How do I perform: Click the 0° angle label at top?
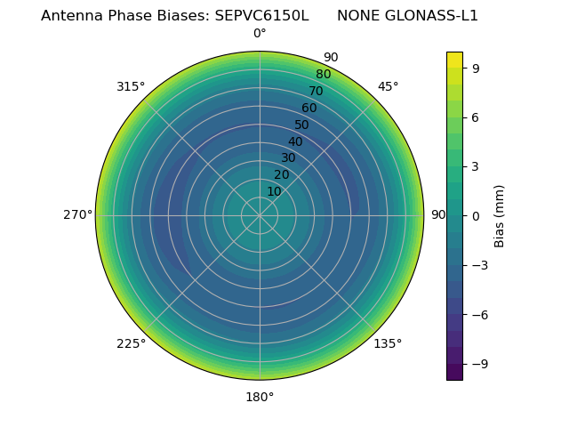[x=260, y=34]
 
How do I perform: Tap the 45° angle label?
[x=388, y=86]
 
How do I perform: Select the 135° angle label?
[x=388, y=343]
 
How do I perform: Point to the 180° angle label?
[x=260, y=397]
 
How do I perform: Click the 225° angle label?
[x=131, y=343]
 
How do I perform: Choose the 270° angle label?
[x=78, y=215]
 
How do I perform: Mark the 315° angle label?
[x=131, y=86]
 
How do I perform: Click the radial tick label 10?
[x=274, y=191]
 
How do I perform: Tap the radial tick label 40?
[x=295, y=141]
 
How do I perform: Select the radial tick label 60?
[x=309, y=108]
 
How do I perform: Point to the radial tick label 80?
[x=324, y=74]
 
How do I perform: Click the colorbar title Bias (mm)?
[x=500, y=215]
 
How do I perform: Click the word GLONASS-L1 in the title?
[x=433, y=16]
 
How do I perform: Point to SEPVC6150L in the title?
[x=261, y=16]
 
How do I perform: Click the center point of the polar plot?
[x=260, y=215]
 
